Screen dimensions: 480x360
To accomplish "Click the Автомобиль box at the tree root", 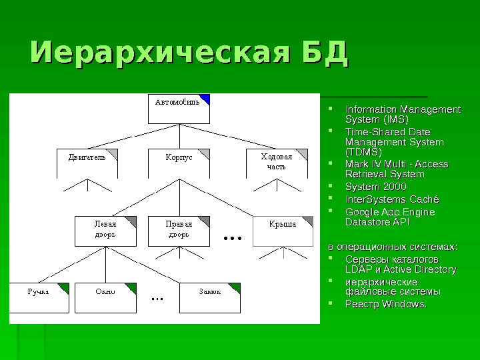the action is tap(178, 109).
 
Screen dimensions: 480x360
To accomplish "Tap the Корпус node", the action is tap(179, 164).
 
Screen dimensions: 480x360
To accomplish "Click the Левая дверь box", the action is tap(105, 230).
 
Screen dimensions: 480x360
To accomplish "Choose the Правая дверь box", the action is tap(178, 230).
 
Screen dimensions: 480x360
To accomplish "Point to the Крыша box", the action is tap(282, 230).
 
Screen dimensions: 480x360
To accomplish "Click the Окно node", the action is tap(107, 297).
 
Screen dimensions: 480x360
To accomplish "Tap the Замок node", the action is tap(211, 297).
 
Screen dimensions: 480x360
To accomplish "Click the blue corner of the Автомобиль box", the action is tap(206, 99).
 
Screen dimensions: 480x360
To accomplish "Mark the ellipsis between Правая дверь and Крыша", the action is tap(232, 237).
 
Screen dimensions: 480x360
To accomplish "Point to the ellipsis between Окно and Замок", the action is tap(157, 298).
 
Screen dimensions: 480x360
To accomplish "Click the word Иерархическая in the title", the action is tap(159, 55).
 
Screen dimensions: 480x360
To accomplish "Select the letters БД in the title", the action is tap(325, 55).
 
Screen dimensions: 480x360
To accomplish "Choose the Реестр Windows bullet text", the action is tap(385, 304).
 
